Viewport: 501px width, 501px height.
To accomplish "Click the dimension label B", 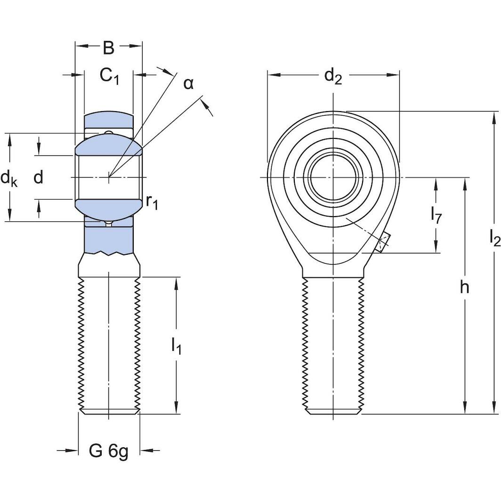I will click(108, 48).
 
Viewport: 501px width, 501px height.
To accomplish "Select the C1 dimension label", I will click(109, 75).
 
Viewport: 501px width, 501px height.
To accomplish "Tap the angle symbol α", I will click(188, 84).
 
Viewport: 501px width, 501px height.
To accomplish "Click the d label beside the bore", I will click(39, 178).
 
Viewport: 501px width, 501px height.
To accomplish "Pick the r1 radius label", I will click(152, 202).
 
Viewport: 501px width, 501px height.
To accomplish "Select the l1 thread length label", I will click(176, 346).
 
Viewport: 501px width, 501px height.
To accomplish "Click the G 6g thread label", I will click(108, 451).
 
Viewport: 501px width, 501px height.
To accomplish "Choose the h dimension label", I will click(465, 287).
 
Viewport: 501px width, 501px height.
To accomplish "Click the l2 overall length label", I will click(494, 239).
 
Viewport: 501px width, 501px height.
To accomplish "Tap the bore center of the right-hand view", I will click(334, 177).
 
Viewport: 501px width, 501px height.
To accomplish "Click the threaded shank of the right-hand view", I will click(334, 344).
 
